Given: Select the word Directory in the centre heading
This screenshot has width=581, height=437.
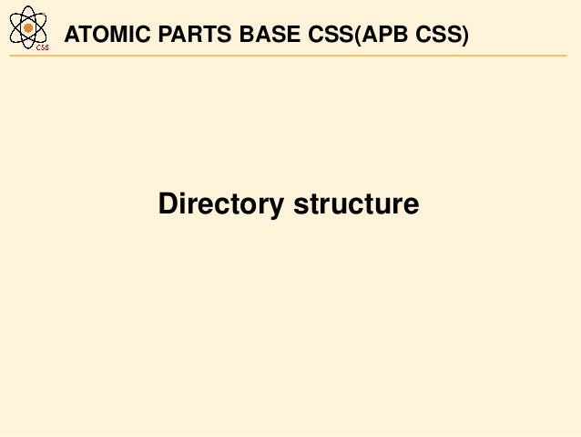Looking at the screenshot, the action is (x=221, y=204).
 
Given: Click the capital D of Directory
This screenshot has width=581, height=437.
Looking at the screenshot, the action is (x=168, y=203).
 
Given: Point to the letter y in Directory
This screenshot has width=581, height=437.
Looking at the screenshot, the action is (x=278, y=208).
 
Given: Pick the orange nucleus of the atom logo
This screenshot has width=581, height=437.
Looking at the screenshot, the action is (x=29, y=28).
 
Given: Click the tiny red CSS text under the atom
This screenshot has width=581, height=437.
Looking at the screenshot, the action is (x=42, y=48).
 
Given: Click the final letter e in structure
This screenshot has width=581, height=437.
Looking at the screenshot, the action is (x=412, y=205).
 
